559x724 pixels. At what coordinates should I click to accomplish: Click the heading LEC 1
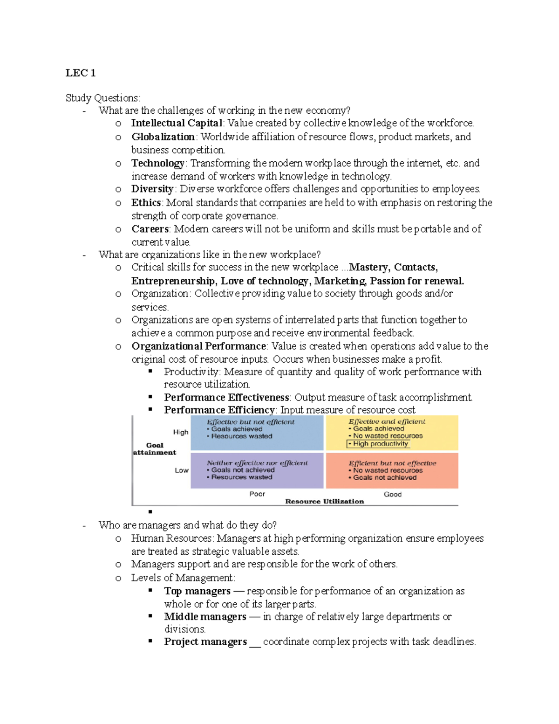click(x=81, y=73)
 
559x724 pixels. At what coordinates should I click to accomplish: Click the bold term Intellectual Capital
click(x=177, y=123)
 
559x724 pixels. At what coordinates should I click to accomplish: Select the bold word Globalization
click(x=163, y=137)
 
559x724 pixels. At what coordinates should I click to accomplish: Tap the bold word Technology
click(x=158, y=163)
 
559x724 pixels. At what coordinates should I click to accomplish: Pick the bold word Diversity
click(x=152, y=189)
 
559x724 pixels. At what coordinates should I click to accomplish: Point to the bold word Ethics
click(x=146, y=202)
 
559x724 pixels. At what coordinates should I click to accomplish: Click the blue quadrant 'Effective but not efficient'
click(x=257, y=433)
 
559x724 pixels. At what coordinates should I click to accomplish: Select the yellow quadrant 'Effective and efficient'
click(x=392, y=433)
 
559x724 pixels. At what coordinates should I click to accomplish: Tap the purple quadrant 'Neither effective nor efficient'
click(x=257, y=470)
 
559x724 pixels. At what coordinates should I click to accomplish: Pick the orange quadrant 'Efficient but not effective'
click(x=392, y=470)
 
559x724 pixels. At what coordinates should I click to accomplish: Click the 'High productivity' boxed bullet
click(x=378, y=444)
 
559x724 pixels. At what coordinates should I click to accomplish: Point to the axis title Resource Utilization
click(x=324, y=501)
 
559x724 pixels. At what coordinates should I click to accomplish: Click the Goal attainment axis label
click(x=155, y=448)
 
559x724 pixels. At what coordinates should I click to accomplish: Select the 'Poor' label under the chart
click(x=257, y=494)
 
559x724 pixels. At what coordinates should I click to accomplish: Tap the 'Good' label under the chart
click(x=392, y=494)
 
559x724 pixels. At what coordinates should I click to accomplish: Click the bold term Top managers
click(x=197, y=591)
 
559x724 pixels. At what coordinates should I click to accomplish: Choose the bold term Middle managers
click(x=205, y=617)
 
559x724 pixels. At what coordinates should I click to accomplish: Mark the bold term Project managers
click(x=205, y=642)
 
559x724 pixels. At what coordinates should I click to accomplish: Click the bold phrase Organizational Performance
click(x=198, y=346)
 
